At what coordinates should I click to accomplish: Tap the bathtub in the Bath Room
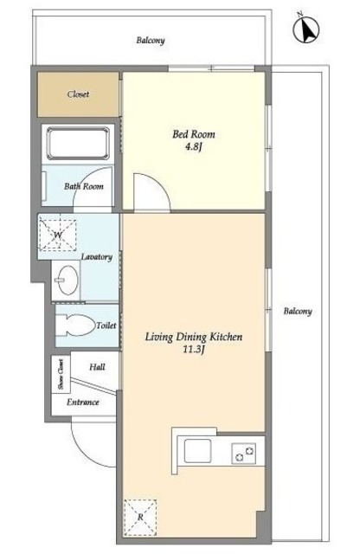pyautogui.click(x=78, y=144)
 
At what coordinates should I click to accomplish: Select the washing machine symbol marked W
pyautogui.click(x=58, y=235)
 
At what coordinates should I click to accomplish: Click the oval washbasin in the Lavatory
pyautogui.click(x=67, y=280)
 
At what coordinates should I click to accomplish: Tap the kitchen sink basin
pyautogui.click(x=198, y=451)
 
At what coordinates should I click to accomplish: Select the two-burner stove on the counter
pyautogui.click(x=244, y=454)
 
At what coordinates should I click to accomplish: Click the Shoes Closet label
pyautogui.click(x=61, y=374)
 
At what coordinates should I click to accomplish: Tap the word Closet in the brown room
pyautogui.click(x=78, y=94)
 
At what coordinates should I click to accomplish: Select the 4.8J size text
pyautogui.click(x=193, y=147)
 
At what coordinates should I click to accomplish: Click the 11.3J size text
pyautogui.click(x=194, y=350)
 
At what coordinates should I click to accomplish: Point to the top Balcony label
pyautogui.click(x=151, y=41)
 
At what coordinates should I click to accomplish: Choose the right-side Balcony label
pyautogui.click(x=298, y=312)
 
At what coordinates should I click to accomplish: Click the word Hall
pyautogui.click(x=97, y=367)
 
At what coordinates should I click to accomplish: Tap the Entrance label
pyautogui.click(x=83, y=402)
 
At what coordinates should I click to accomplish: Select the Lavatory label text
pyautogui.click(x=96, y=257)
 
